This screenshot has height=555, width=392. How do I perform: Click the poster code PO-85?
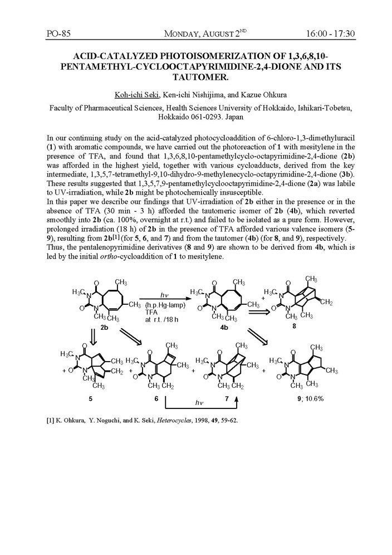pyautogui.click(x=58, y=35)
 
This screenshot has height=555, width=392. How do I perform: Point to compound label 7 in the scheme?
pyautogui.click(x=238, y=399)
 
